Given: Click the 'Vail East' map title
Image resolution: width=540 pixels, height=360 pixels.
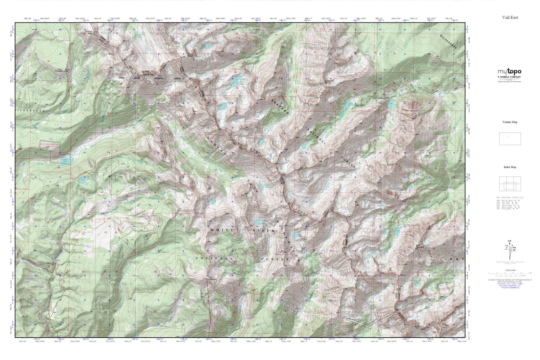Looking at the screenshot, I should coord(510,18).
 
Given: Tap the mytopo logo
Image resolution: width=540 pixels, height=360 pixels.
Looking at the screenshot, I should coord(509,72).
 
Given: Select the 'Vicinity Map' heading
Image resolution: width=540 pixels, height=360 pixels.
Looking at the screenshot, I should coord(510,122).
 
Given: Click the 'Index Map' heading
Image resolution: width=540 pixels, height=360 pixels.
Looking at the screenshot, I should coord(510,167).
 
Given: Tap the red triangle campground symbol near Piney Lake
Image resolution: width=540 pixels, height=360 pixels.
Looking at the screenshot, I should coord(59,167).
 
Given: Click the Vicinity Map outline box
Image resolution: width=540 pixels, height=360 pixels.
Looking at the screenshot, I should coord(510,139).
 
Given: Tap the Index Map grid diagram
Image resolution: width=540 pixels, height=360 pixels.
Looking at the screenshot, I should coord(510,184).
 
